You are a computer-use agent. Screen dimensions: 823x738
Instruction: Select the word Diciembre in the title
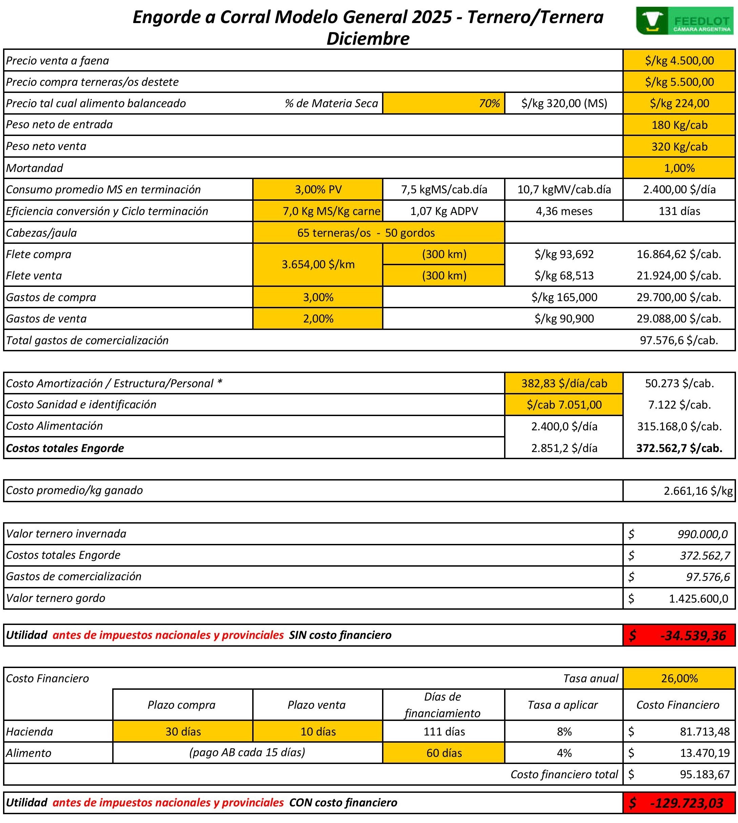pyautogui.click(x=368, y=39)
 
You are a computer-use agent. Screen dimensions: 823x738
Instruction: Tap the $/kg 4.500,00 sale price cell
pyautogui.click(x=679, y=60)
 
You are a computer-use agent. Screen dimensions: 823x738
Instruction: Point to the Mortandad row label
pyautogui.click(x=35, y=168)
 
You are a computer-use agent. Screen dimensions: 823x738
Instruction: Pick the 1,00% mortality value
pyautogui.click(x=679, y=168)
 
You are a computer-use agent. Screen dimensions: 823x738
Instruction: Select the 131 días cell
pyautogui.click(x=679, y=211)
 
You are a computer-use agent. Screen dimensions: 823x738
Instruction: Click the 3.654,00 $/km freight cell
pyautogui.click(x=318, y=264)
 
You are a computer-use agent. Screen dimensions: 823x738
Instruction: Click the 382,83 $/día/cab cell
pyautogui.click(x=564, y=383)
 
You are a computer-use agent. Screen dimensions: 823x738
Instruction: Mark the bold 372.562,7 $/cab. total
pyautogui.click(x=679, y=448)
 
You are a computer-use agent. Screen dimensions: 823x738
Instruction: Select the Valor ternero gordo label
pyautogui.click(x=56, y=598)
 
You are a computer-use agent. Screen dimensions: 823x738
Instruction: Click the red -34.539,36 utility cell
pyautogui.click(x=679, y=635)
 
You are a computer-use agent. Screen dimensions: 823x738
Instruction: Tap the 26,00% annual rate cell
pyautogui.click(x=679, y=678)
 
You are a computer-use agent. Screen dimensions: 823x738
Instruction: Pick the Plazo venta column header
pyautogui.click(x=317, y=705)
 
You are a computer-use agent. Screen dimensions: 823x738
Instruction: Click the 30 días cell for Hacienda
pyautogui.click(x=183, y=731)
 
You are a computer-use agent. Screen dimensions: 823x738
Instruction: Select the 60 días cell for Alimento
pyautogui.click(x=444, y=753)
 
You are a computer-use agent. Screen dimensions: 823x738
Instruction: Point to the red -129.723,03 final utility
pyautogui.click(x=679, y=803)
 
